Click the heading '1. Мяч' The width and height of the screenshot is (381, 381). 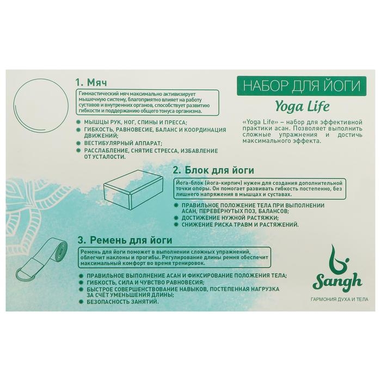pyautogui.click(x=91, y=83)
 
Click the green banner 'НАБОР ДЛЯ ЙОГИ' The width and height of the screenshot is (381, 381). pyautogui.click(x=302, y=86)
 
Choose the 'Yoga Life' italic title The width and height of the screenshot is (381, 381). pyautogui.click(x=302, y=107)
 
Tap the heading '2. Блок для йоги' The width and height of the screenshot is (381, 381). pyautogui.click(x=213, y=170)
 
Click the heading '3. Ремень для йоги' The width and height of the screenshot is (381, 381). pyautogui.click(x=125, y=241)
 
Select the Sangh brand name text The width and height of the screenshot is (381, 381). pyautogui.click(x=337, y=283)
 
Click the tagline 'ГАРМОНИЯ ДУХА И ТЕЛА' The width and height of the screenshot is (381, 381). pyautogui.click(x=340, y=299)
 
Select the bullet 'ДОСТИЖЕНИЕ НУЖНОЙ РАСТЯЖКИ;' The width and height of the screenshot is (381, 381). pyautogui.click(x=230, y=218)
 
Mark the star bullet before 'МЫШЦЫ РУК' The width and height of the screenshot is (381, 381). pyautogui.click(x=78, y=122)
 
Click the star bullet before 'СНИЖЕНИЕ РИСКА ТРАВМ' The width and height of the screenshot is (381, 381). pyautogui.click(x=176, y=224)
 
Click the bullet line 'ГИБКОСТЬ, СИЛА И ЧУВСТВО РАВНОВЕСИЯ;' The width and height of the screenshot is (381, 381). pyautogui.click(x=145, y=282)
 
